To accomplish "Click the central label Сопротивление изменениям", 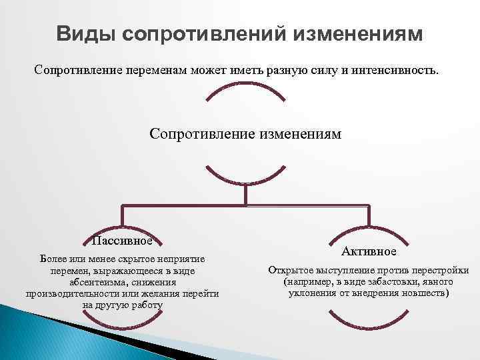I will pyautogui.click(x=245, y=134).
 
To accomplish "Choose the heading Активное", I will pyautogui.click(x=369, y=251).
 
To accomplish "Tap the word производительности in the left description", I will pyautogui.click(x=75, y=293).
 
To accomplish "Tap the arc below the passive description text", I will pyautogui.click(x=123, y=324).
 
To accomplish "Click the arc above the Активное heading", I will pyautogui.click(x=369, y=230).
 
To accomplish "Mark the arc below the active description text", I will pyautogui.click(x=369, y=313).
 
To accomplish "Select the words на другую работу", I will pyautogui.click(x=123, y=305).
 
